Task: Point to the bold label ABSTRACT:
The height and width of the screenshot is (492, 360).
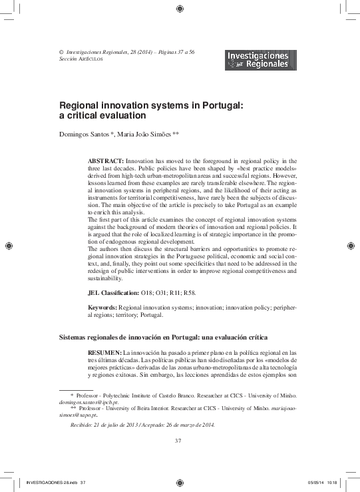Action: pyautogui.click(x=106, y=162)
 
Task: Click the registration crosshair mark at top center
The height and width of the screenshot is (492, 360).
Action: pyautogui.click(x=180, y=8)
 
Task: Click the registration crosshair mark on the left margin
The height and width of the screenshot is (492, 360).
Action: pyautogui.click(x=7, y=246)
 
